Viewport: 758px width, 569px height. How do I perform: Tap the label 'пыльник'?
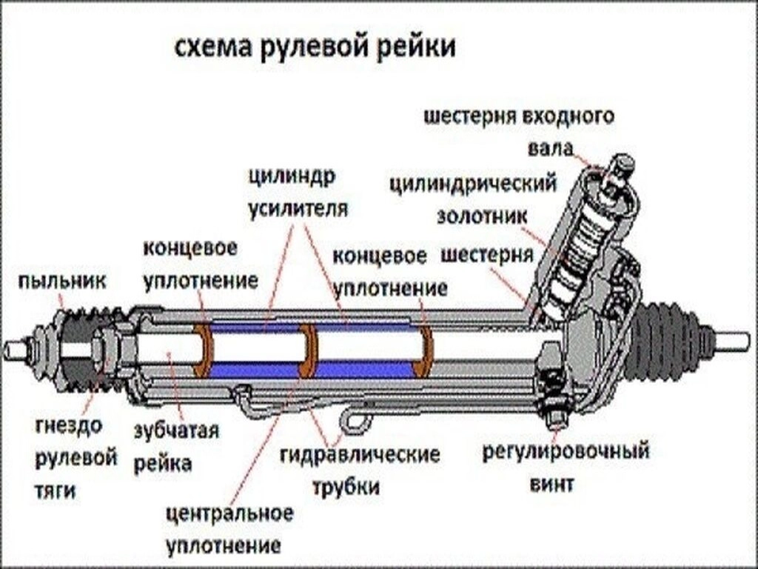click(x=63, y=282)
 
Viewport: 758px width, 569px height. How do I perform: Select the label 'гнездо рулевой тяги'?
click(x=76, y=457)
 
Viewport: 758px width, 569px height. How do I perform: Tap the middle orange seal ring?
click(x=308, y=349)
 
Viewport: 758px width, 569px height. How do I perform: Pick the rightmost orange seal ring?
click(x=424, y=348)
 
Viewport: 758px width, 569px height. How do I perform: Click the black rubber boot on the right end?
click(x=666, y=342)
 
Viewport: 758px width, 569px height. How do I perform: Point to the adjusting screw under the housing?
click(x=554, y=419)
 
